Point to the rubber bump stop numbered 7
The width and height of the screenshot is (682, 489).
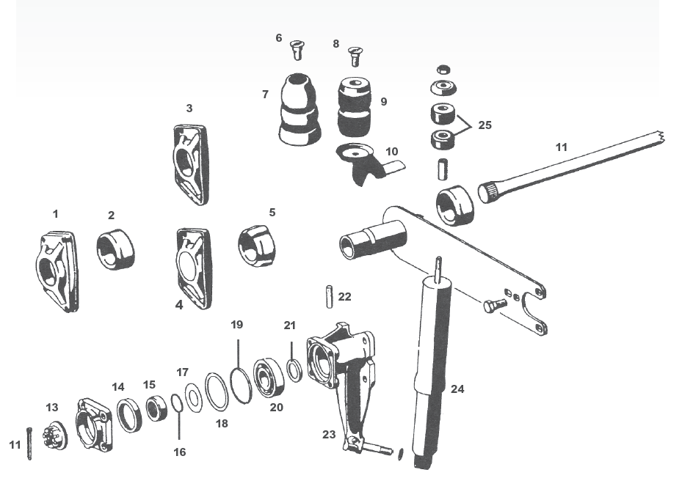pyautogui.click(x=300, y=109)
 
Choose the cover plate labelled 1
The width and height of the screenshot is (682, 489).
pyautogui.click(x=56, y=271)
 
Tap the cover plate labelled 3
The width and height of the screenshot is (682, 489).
pyautogui.click(x=191, y=163)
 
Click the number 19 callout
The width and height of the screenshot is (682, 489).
pyautogui.click(x=236, y=324)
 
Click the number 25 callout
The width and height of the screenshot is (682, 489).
pyautogui.click(x=484, y=125)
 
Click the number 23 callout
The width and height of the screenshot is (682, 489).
pyautogui.click(x=328, y=433)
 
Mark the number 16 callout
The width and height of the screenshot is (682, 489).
pyautogui.click(x=180, y=452)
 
